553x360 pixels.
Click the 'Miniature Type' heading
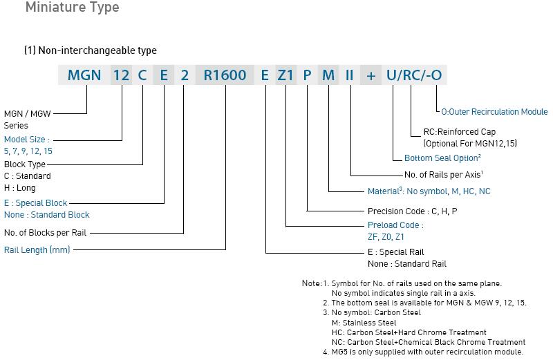click(72, 8)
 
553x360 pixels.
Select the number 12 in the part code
click(121, 75)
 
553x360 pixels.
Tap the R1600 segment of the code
click(225, 75)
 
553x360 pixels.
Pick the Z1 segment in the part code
click(286, 75)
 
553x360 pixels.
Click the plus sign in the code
click(371, 75)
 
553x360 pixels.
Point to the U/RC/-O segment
click(413, 75)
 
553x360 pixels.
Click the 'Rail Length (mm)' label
click(37, 249)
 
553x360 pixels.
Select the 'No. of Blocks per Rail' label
click(46, 233)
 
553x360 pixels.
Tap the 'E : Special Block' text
click(36, 203)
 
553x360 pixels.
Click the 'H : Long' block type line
click(20, 187)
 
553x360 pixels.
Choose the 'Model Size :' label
click(27, 139)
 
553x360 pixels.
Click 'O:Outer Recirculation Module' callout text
click(494, 111)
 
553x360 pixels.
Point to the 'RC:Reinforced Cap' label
click(460, 131)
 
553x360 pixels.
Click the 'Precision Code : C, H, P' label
click(412, 211)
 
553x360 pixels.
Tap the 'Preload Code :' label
click(395, 225)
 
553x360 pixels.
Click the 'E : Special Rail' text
click(396, 252)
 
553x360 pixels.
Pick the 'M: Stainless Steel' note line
click(364, 322)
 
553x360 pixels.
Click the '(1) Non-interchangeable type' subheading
click(90, 50)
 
